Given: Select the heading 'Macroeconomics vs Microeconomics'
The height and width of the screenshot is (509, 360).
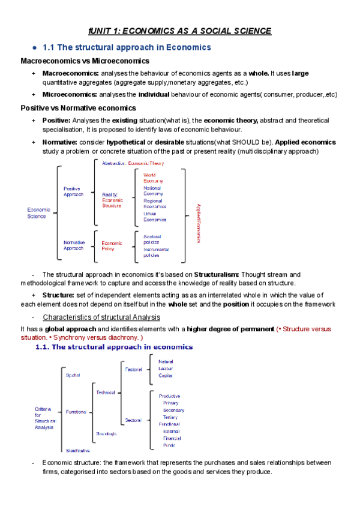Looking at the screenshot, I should coord(85,61).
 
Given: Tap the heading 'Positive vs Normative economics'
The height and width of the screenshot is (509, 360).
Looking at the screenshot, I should coord(78,108).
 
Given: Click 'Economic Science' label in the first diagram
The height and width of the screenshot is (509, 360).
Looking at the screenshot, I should coord(39,213).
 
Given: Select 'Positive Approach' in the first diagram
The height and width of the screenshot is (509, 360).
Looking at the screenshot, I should coord(74,191).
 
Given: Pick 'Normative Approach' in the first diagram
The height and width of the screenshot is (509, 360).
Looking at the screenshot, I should coord(74,245).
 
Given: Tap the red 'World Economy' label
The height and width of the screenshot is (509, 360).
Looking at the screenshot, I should coord(152,178).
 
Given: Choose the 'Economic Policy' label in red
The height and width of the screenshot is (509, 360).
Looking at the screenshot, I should coord(112,246).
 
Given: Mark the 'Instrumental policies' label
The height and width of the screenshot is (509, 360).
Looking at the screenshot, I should coord(156,252).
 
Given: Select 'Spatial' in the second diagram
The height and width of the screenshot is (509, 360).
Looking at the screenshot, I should coord(73,375).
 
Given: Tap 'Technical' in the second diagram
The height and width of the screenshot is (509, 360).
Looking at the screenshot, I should coord(106,393).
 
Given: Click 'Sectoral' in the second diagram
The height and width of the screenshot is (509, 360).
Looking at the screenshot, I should coord(133,420).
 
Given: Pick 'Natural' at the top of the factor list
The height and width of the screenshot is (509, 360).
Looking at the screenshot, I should coord(166,362).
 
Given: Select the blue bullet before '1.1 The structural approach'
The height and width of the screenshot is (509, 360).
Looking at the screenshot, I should coord(35,47).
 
